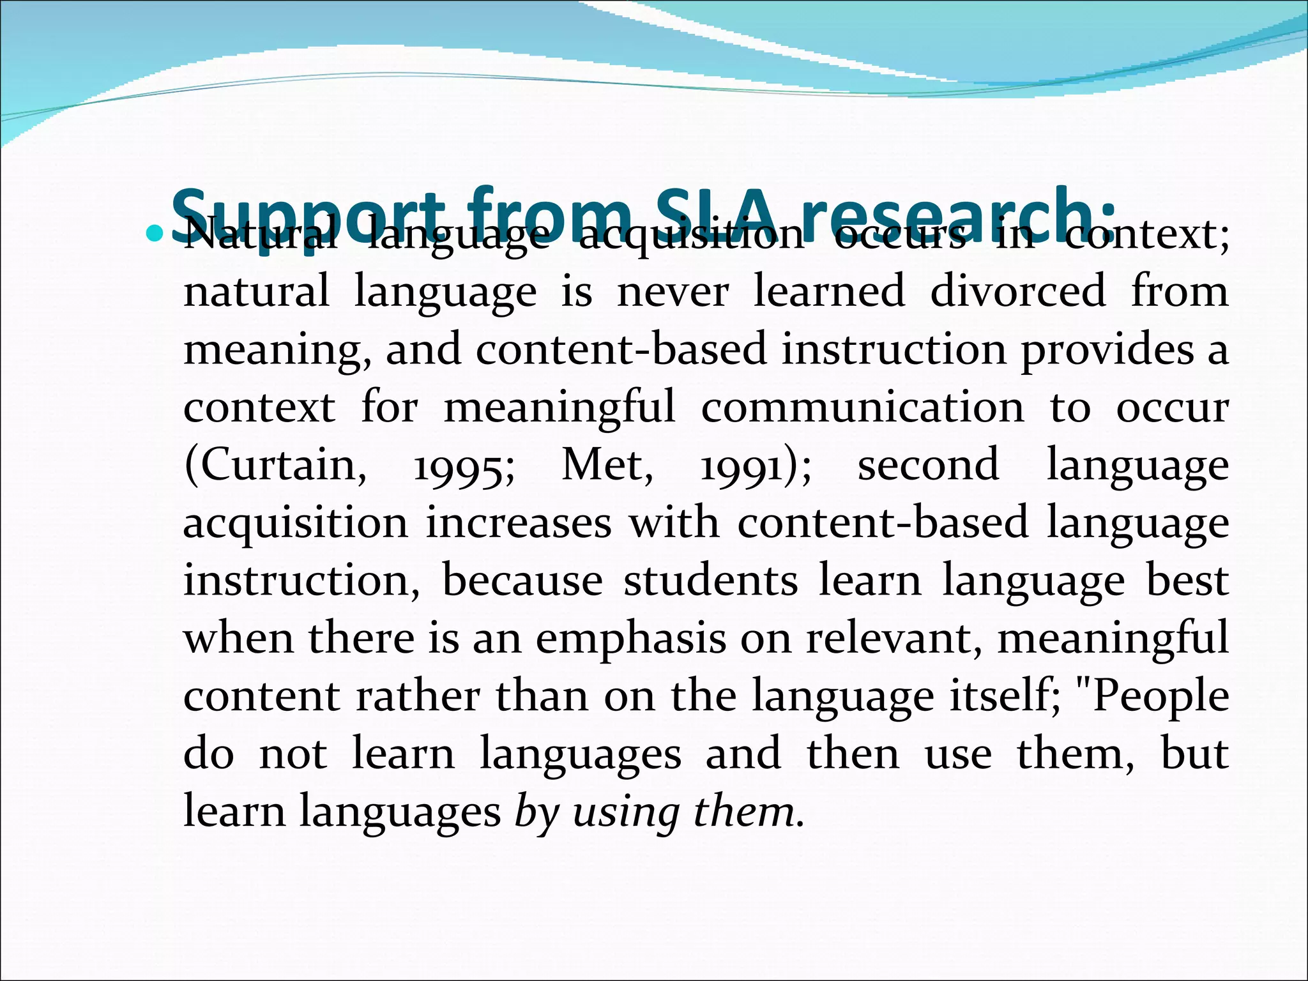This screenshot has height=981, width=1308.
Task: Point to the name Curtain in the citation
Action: click(x=274, y=464)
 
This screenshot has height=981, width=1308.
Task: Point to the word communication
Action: click(x=862, y=407)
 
